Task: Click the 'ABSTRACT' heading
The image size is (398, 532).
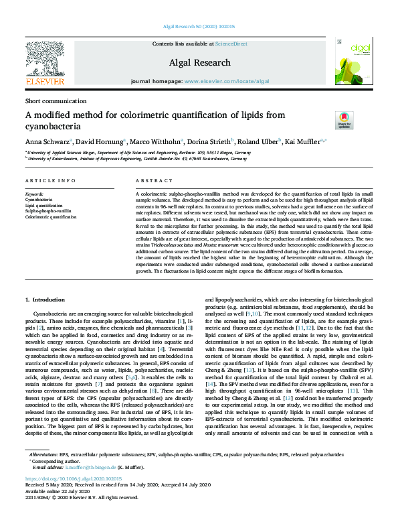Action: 154,181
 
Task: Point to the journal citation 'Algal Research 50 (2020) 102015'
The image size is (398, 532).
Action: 199,27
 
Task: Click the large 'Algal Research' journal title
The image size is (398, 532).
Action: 199,60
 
